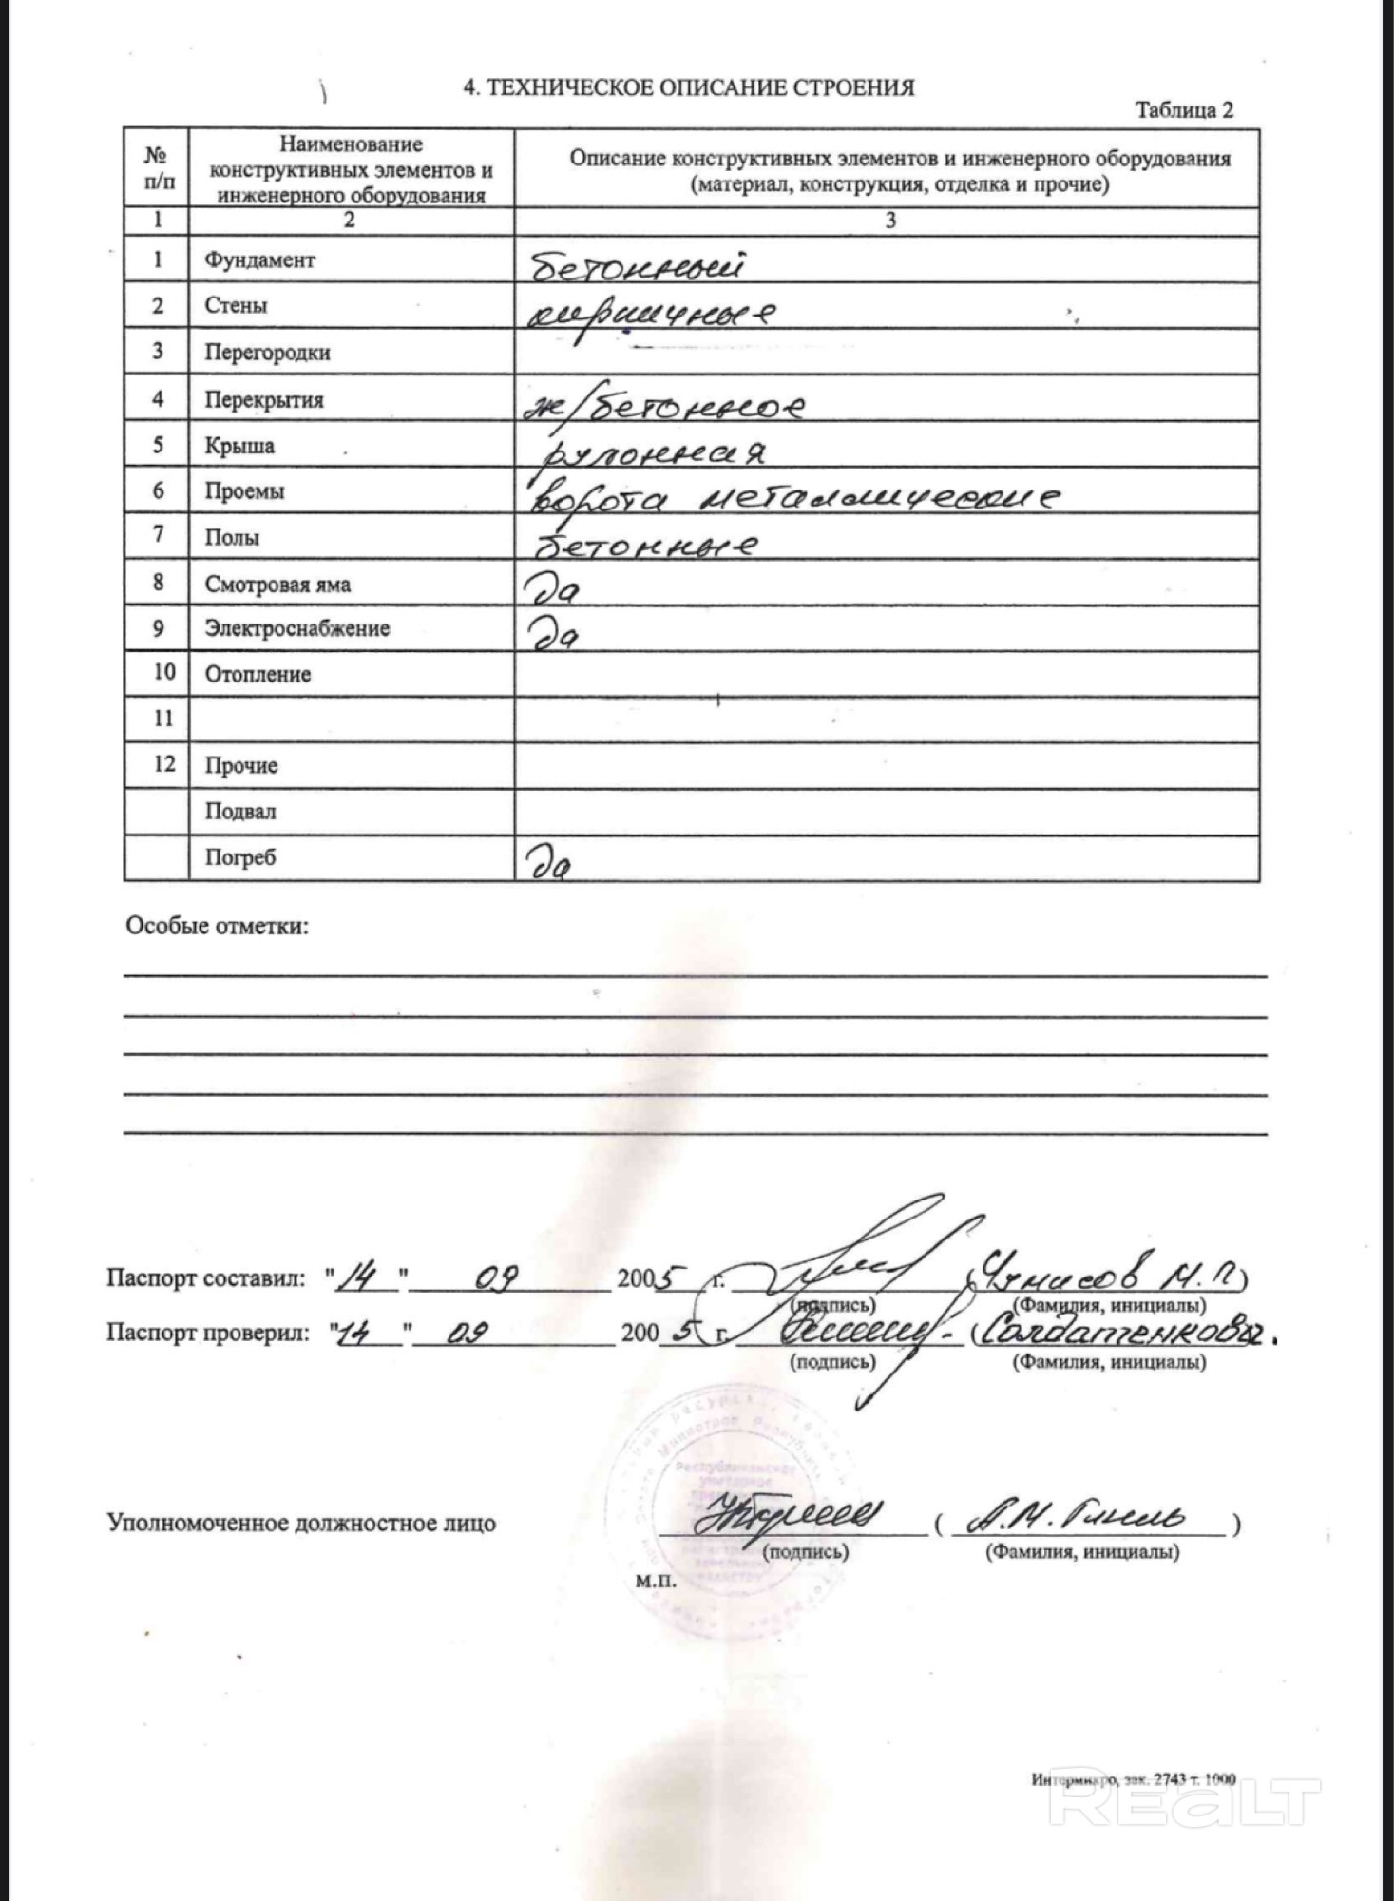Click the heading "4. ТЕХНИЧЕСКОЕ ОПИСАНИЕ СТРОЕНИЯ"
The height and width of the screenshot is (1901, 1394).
688,87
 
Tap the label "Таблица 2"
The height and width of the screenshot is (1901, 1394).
1184,110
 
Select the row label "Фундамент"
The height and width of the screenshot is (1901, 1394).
259,260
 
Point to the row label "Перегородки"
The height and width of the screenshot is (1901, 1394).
267,353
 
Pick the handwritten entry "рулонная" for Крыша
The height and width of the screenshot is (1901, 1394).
651,452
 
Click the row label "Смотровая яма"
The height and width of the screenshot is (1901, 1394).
277,585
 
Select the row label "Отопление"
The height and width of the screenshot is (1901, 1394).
258,675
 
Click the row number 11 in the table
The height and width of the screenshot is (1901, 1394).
163,719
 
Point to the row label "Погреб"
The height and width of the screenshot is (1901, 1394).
240,857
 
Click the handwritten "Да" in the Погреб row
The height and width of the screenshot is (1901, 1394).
549,863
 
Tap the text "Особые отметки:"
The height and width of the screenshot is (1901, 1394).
218,926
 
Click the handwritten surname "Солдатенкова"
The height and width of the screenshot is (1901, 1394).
1121,1333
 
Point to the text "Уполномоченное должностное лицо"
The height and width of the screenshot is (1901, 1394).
301,1523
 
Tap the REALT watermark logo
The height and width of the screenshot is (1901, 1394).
1184,1800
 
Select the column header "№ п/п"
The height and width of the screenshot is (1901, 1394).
158,168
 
